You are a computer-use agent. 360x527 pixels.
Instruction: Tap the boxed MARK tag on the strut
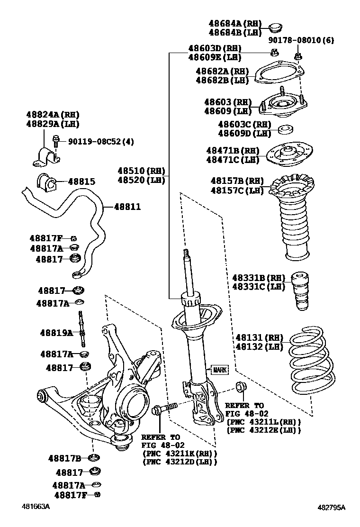219,370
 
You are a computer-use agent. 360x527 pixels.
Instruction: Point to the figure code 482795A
331,508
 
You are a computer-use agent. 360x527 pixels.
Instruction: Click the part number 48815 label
81,182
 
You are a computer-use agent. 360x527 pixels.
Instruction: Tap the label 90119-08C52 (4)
101,141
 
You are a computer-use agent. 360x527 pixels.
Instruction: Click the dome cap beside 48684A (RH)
276,27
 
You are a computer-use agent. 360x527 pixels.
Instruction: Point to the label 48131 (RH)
259,338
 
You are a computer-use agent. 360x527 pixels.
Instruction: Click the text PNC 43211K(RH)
180,454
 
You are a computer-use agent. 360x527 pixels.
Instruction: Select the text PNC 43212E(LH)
264,430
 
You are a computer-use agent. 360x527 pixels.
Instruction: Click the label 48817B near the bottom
64,458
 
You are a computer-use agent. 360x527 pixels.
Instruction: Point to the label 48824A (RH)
53,115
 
